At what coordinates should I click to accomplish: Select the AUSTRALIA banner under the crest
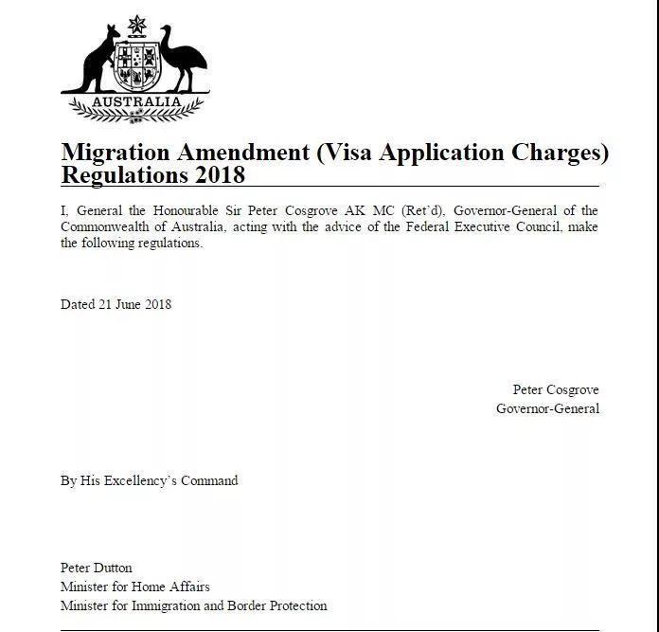pyautogui.click(x=136, y=100)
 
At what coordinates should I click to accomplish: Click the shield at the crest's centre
pyautogui.click(x=136, y=65)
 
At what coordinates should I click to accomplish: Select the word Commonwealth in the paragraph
pyautogui.click(x=103, y=226)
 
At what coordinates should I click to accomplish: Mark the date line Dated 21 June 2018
pyautogui.click(x=116, y=304)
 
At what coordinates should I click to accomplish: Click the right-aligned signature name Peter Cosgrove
pyautogui.click(x=556, y=389)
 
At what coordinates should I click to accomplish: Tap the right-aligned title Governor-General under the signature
pyautogui.click(x=547, y=408)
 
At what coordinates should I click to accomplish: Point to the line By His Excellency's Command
pyautogui.click(x=149, y=480)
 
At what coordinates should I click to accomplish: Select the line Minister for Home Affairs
pyautogui.click(x=134, y=587)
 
